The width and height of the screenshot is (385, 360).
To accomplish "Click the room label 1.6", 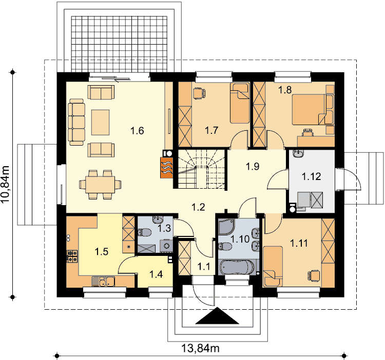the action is pyautogui.click(x=137, y=131).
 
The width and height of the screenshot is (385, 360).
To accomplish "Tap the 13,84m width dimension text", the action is pyautogui.click(x=200, y=348).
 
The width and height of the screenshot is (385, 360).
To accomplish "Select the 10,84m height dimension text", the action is pyautogui.click(x=5, y=185).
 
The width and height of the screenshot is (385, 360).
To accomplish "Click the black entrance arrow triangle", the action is pyautogui.click(x=217, y=315).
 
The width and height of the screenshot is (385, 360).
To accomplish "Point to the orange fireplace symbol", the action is pyautogui.click(x=167, y=167).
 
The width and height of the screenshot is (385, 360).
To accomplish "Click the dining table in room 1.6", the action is pyautogui.click(x=100, y=185).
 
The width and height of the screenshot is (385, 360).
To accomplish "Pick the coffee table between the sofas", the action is pyautogui.click(x=101, y=123).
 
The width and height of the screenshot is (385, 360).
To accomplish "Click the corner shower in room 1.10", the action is pyautogui.click(x=226, y=227).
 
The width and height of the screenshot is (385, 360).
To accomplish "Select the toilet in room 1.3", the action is pyautogui.click(x=144, y=232).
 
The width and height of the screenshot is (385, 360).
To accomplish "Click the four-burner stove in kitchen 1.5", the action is pyautogui.click(x=72, y=256).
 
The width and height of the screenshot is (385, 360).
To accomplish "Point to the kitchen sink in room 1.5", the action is pyautogui.click(x=103, y=281).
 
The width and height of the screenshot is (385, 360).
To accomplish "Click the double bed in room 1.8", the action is pyautogui.click(x=310, y=109).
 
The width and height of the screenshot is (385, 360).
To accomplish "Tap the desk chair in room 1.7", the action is pyautogui.click(x=199, y=93).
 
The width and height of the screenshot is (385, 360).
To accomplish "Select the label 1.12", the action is pyautogui.click(x=311, y=176).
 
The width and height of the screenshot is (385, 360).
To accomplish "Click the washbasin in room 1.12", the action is pyautogui.click(x=298, y=153).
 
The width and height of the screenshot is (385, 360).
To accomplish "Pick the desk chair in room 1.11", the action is pyautogui.click(x=314, y=275).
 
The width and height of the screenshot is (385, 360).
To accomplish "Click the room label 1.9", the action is pyautogui.click(x=253, y=167).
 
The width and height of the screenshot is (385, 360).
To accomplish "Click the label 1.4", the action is pyautogui.click(x=156, y=274).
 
